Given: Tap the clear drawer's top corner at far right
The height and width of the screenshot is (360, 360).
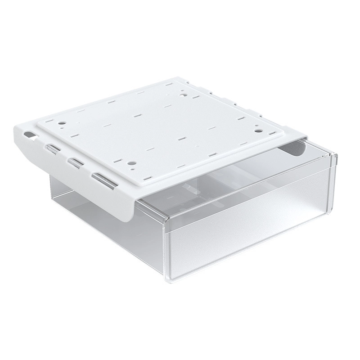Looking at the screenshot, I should click(336, 156).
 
